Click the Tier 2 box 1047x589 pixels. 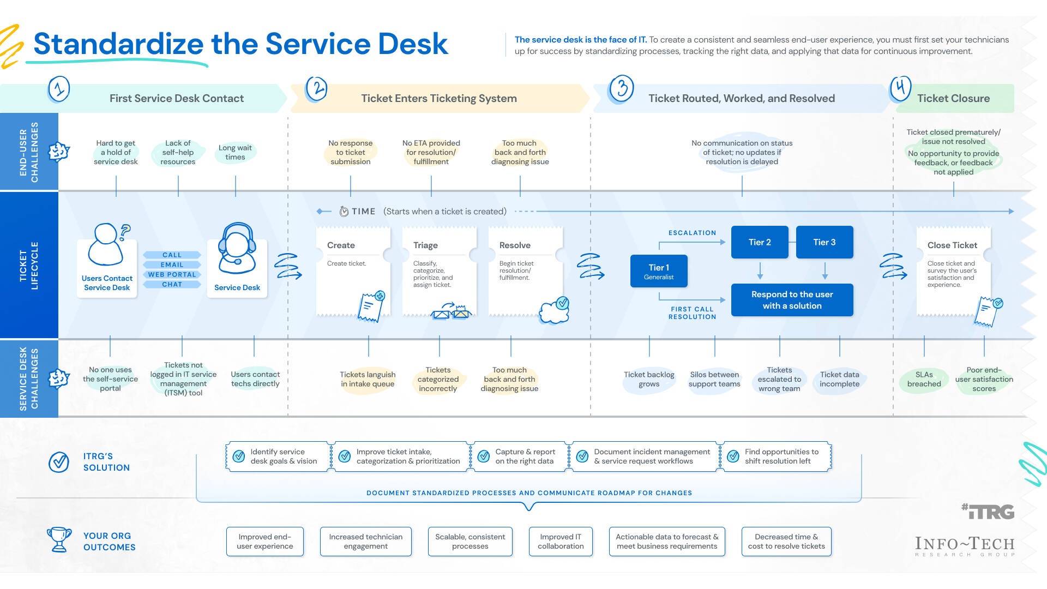tap(759, 242)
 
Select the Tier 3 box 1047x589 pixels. tap(824, 242)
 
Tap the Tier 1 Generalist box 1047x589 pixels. tap(659, 271)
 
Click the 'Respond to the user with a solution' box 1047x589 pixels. tap(792, 300)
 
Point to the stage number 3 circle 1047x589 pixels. tap(622, 88)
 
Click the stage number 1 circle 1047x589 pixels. tap(59, 89)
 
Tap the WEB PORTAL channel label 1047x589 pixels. tap(172, 275)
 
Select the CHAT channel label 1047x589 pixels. tap(172, 285)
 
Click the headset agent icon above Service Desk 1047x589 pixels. tap(237, 249)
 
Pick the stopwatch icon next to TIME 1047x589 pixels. tap(344, 212)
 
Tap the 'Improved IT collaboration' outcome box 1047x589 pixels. tap(561, 542)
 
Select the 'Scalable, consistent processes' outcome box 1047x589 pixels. tap(470, 542)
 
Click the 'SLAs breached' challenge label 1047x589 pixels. tap(924, 379)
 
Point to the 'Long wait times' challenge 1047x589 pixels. tap(235, 152)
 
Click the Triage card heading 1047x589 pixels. tap(425, 245)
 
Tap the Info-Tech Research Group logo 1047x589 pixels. tap(965, 545)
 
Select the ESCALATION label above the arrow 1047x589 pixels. tap(692, 233)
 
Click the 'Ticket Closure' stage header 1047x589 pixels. tap(953, 98)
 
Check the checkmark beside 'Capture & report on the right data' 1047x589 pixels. tap(484, 456)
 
